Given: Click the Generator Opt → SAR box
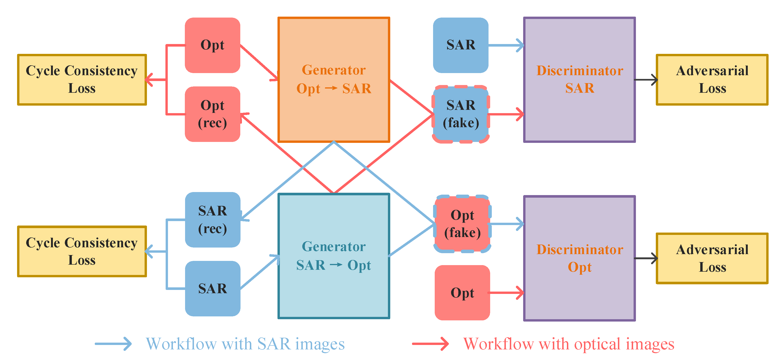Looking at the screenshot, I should [334, 79].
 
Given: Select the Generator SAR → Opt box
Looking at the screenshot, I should [334, 256].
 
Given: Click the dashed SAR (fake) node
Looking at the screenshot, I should [461, 114].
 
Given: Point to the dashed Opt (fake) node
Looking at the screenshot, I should [462, 224].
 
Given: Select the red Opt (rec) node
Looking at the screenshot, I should [212, 114].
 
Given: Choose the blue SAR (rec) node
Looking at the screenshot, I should [212, 219].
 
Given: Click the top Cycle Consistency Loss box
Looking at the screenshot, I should [82, 80].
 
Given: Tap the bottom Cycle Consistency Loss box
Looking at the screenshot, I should [82, 251].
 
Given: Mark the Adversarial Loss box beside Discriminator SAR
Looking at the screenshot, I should [712, 80].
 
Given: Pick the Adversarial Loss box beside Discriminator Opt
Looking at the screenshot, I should [712, 258].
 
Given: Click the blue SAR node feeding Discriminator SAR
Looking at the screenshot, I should [461, 45].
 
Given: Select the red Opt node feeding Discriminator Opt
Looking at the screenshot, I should [462, 293].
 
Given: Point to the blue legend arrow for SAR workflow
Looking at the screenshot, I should [113, 344].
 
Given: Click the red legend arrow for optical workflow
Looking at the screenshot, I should [430, 344].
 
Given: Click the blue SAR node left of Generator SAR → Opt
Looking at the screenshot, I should [212, 288].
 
